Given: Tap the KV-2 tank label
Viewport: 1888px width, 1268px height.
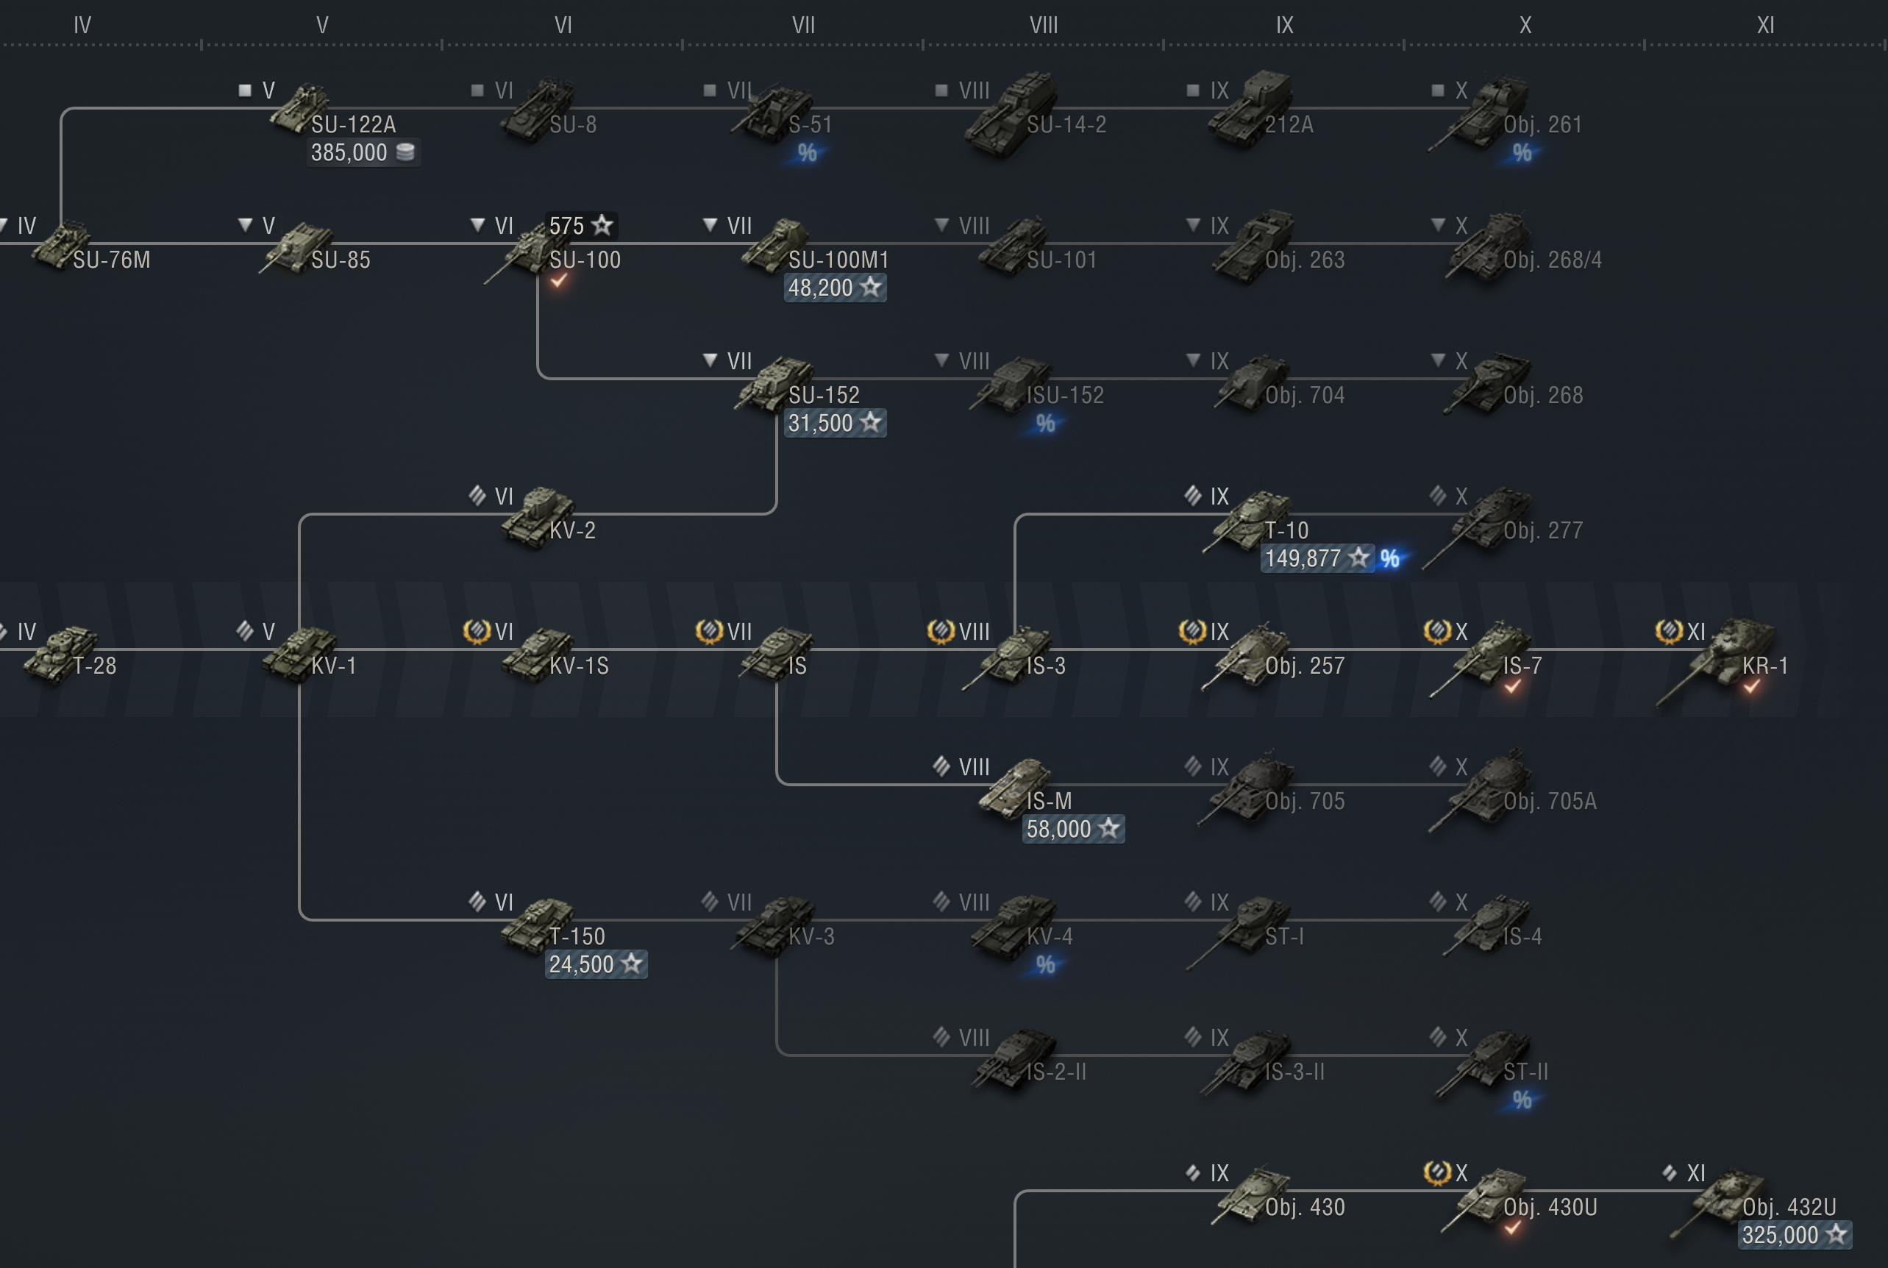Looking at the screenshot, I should [572, 531].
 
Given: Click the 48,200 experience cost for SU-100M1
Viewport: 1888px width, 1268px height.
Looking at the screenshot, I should [835, 288].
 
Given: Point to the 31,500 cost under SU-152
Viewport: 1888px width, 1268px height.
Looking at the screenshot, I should [835, 423].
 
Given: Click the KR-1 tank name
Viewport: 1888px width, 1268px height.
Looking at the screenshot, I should [1764, 666].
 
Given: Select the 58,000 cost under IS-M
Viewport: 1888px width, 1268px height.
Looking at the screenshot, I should [1072, 829].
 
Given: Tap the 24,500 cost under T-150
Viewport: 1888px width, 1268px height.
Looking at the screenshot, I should [595, 964].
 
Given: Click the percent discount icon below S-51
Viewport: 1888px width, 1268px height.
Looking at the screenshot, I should [806, 153].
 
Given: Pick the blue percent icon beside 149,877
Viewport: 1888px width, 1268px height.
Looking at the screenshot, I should [1389, 559].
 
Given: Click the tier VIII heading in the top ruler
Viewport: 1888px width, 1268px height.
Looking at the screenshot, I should [1043, 26].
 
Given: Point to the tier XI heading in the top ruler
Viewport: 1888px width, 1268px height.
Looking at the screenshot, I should [1765, 26].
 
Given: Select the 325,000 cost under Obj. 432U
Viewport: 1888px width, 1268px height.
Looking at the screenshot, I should [1793, 1235].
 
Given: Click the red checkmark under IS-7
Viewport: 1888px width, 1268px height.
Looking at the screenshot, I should [1512, 686].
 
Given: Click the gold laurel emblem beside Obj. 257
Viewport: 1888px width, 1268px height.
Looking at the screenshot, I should [1191, 631].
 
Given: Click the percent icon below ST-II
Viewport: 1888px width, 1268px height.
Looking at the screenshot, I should [1522, 1100].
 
